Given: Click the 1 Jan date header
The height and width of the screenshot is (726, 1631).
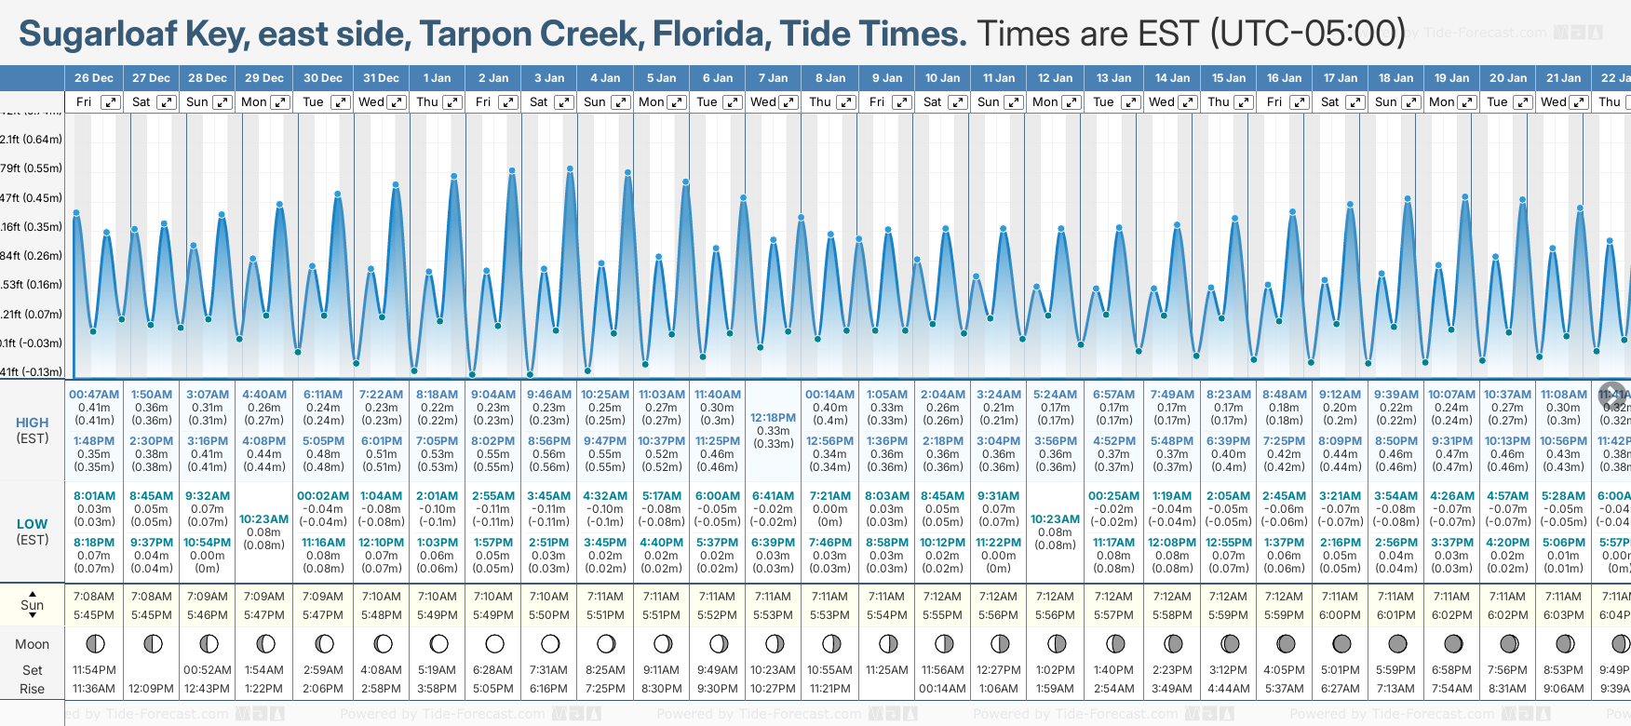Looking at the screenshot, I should tap(437, 78).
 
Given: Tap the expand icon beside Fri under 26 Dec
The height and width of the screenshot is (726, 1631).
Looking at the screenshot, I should tap(111, 102).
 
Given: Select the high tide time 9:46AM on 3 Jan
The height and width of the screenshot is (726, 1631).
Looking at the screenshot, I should tap(549, 395).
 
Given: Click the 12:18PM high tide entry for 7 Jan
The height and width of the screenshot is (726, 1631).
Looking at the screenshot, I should tap(773, 418).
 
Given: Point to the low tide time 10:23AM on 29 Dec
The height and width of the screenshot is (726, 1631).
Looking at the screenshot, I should tap(263, 519).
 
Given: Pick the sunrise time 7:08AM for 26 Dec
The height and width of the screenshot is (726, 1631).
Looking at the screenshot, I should tap(94, 597).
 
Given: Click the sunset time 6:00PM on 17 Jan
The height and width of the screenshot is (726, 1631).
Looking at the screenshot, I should tap(1340, 615).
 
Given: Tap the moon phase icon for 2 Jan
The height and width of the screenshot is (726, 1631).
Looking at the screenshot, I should tap(494, 644).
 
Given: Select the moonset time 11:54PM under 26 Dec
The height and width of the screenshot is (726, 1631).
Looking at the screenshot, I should tap(94, 670).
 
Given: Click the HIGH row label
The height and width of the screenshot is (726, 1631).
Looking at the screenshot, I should tap(33, 423).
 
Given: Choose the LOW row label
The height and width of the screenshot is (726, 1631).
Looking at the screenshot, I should tap(33, 524).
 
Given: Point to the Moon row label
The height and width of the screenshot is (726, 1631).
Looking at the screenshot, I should tap(33, 644).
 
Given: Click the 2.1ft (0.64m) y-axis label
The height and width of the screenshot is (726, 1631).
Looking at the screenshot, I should tap(32, 140).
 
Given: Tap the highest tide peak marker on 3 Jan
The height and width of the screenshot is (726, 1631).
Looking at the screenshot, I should tap(570, 168).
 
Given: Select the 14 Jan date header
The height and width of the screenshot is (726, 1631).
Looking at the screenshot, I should tap(1172, 78).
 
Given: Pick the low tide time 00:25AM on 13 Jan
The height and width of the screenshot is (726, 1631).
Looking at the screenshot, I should tap(1113, 496).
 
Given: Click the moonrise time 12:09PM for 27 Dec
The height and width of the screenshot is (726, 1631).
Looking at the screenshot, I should tap(151, 689).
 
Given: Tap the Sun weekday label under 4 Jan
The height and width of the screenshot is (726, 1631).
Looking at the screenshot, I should tap(594, 102).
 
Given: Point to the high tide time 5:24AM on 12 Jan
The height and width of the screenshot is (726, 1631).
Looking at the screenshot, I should tap(1055, 395).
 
